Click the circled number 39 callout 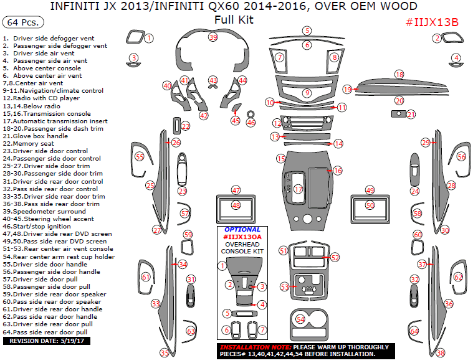coord(213,37)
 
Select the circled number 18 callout coord(399,75)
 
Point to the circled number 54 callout coord(301,319)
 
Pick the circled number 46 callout coord(251,123)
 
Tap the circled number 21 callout coord(411,114)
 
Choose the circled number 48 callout coord(236,205)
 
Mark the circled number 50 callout coord(370,205)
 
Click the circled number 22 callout coord(186,126)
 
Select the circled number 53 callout coord(285,287)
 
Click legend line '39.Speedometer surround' coord(44,211)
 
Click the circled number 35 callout coord(165,353)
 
